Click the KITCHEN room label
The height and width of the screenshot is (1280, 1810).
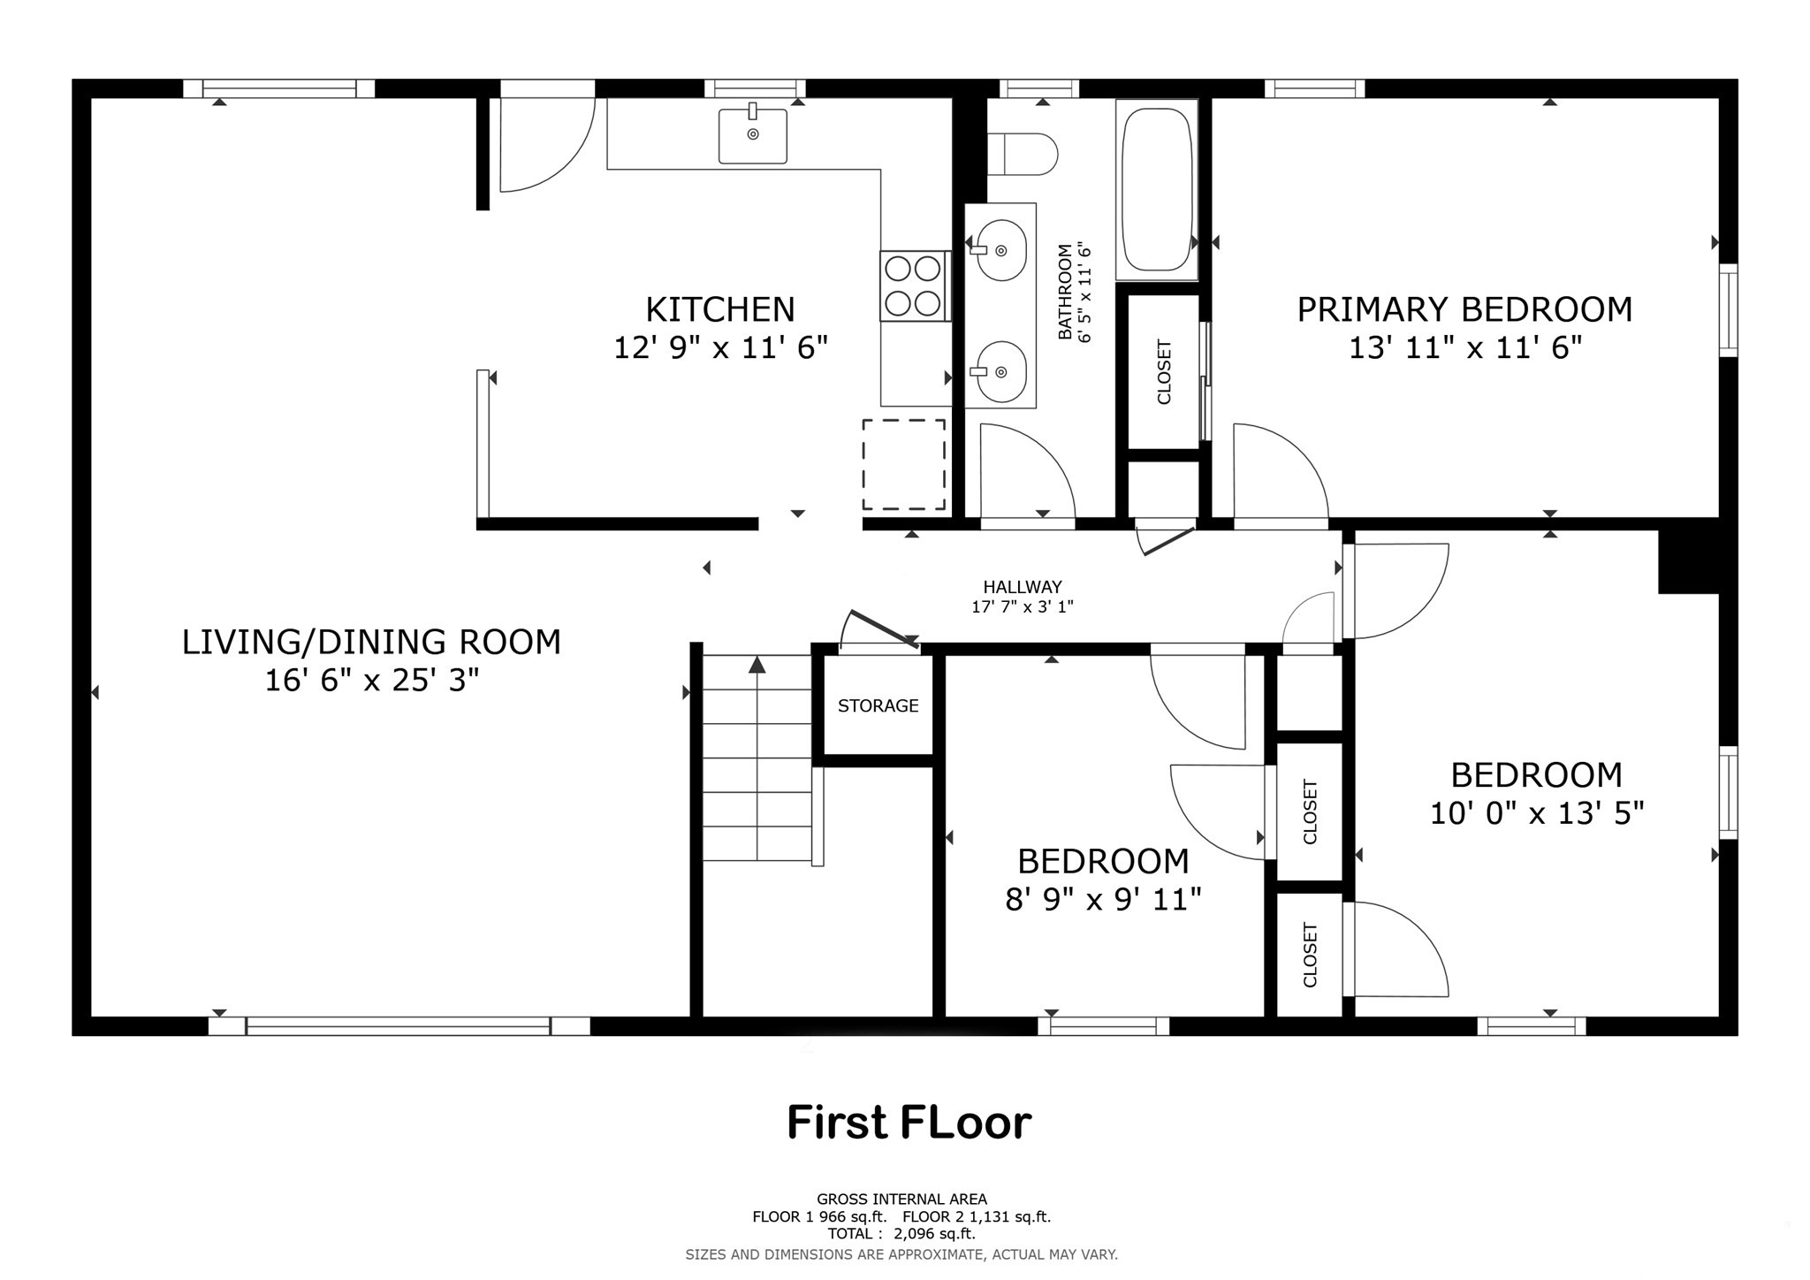(x=720, y=309)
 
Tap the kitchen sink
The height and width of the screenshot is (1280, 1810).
(x=752, y=135)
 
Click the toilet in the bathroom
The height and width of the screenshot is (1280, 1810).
(x=1025, y=155)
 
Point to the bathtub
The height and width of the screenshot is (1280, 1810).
(x=1156, y=189)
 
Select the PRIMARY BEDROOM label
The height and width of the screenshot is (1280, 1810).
(x=1464, y=309)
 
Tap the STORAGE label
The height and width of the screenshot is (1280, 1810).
(x=878, y=705)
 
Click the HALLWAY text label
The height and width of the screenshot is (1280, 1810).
(x=1023, y=587)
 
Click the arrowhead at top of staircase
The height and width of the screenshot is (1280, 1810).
(x=757, y=665)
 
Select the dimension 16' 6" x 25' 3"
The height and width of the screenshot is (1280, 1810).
(x=372, y=680)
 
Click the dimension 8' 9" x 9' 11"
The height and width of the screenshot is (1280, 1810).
(x=1103, y=900)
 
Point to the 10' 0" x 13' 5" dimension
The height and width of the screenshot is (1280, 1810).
(x=1537, y=813)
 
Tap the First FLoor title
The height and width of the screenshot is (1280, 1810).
(x=909, y=1123)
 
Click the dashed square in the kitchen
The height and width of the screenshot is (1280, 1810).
(x=903, y=464)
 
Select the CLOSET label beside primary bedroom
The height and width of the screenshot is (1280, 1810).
(x=1164, y=372)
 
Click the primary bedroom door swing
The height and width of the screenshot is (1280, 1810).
(x=1277, y=473)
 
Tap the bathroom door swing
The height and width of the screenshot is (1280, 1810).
(x=1025, y=473)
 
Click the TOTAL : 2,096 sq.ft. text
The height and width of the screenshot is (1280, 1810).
(x=901, y=1233)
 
